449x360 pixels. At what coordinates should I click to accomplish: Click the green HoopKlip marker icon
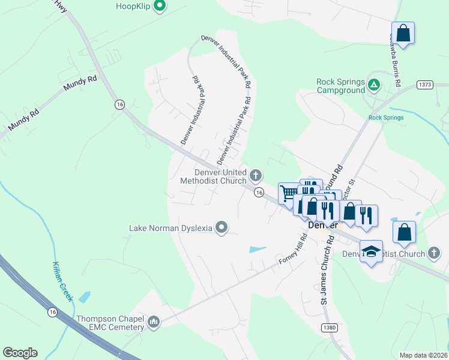click(x=159, y=7)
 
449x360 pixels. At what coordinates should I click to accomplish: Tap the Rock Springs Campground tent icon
click(x=374, y=85)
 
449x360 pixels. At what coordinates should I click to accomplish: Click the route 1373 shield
click(x=426, y=85)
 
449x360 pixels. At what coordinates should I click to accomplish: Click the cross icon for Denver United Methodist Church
click(x=256, y=176)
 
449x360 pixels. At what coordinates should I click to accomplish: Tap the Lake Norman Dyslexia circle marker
click(x=221, y=227)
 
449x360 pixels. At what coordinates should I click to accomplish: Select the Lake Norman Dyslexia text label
click(x=171, y=228)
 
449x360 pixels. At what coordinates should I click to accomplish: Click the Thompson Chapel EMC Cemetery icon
click(x=154, y=323)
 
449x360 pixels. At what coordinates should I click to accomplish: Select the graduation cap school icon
click(x=371, y=251)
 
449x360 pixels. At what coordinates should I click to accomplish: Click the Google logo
click(x=20, y=353)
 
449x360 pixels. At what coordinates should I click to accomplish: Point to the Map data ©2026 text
click(x=423, y=355)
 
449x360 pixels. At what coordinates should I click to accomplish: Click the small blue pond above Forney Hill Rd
click(x=257, y=249)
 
